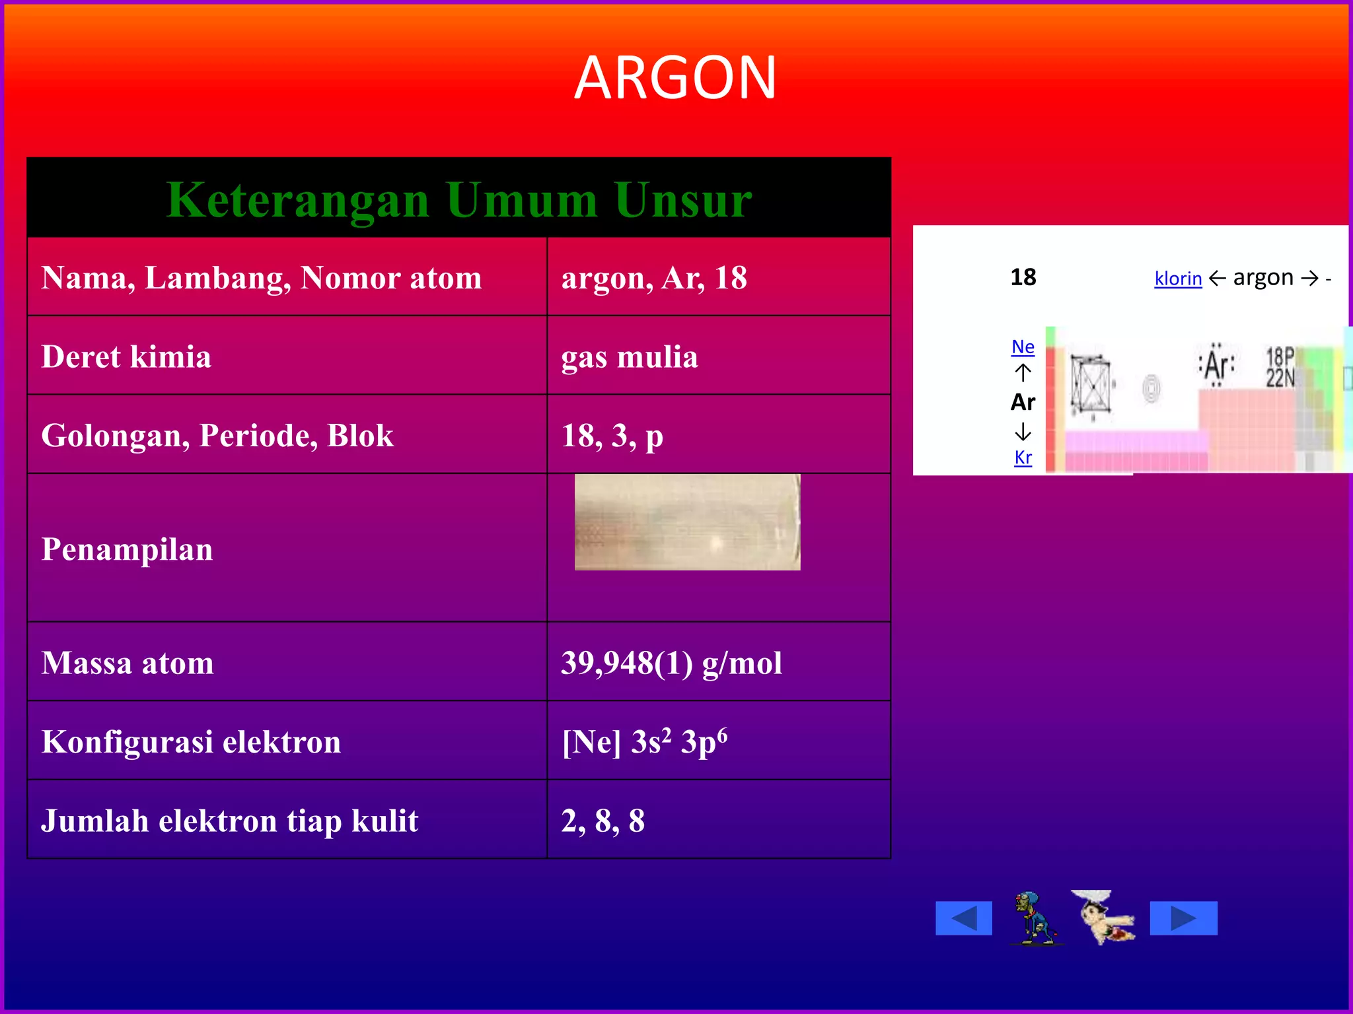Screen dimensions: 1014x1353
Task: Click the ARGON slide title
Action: [675, 78]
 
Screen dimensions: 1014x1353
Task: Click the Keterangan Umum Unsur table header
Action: [458, 199]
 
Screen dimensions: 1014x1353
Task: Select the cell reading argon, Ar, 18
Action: [654, 278]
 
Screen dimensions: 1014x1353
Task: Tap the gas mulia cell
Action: [629, 357]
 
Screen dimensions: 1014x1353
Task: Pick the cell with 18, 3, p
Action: [612, 436]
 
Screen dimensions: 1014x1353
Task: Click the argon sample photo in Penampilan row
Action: [687, 522]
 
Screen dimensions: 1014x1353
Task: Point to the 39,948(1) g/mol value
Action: [671, 663]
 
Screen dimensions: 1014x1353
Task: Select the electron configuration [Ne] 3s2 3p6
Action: [644, 742]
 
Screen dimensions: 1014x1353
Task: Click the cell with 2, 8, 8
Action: [603, 821]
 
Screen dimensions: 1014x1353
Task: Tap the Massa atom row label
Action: [128, 663]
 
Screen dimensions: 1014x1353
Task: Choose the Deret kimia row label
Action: [126, 357]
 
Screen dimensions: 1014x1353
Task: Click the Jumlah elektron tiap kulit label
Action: [229, 821]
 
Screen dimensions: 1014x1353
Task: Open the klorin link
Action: [1178, 279]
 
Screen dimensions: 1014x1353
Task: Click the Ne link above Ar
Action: [1023, 347]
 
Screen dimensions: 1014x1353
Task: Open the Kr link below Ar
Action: [1023, 457]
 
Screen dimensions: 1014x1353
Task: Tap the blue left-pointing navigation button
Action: [963, 918]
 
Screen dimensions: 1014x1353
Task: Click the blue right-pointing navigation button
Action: [1183, 918]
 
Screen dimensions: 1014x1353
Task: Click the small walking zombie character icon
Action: [1035, 918]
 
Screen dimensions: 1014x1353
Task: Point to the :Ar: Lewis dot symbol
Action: [1216, 364]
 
